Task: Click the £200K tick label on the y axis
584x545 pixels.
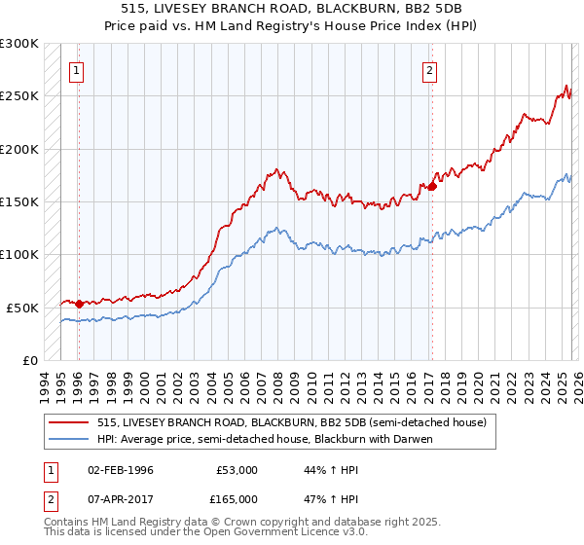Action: click(19, 149)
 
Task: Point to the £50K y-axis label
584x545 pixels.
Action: click(22, 307)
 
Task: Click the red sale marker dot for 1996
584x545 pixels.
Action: click(79, 304)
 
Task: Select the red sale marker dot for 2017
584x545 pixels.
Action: click(431, 186)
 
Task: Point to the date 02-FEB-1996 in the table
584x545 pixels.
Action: click(121, 470)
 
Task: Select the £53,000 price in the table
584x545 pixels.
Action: click(237, 470)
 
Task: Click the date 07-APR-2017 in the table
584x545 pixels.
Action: click(121, 498)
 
